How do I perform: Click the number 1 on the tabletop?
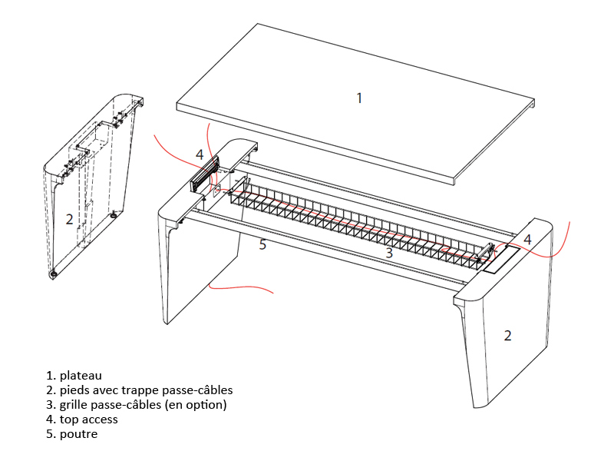358,98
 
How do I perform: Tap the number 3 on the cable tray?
389,253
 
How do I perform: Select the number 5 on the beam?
262,244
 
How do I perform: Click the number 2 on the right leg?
507,335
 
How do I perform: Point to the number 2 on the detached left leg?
69,219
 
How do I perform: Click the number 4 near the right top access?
527,240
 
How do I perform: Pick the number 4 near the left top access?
200,154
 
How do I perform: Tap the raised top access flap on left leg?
204,175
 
